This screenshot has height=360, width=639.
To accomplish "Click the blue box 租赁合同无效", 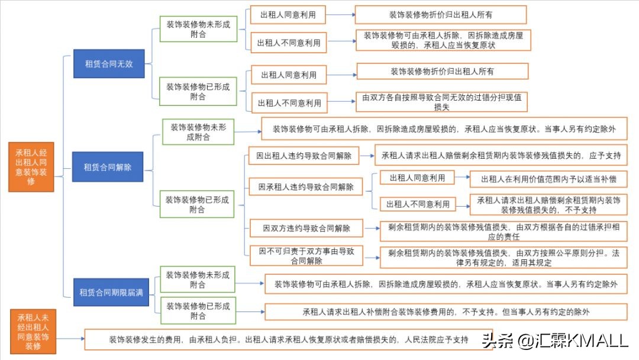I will click(x=109, y=63).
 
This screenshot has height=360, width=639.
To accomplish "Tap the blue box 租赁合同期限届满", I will click(x=111, y=292).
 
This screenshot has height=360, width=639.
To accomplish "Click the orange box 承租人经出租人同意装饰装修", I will click(x=31, y=166).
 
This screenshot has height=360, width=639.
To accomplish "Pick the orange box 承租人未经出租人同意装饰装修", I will click(x=33, y=331).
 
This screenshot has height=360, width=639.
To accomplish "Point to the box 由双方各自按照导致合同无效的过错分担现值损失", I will click(x=441, y=102).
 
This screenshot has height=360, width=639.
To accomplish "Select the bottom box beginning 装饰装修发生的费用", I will click(x=288, y=340).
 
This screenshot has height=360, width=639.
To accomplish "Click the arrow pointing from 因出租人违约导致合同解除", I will click(x=366, y=156).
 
